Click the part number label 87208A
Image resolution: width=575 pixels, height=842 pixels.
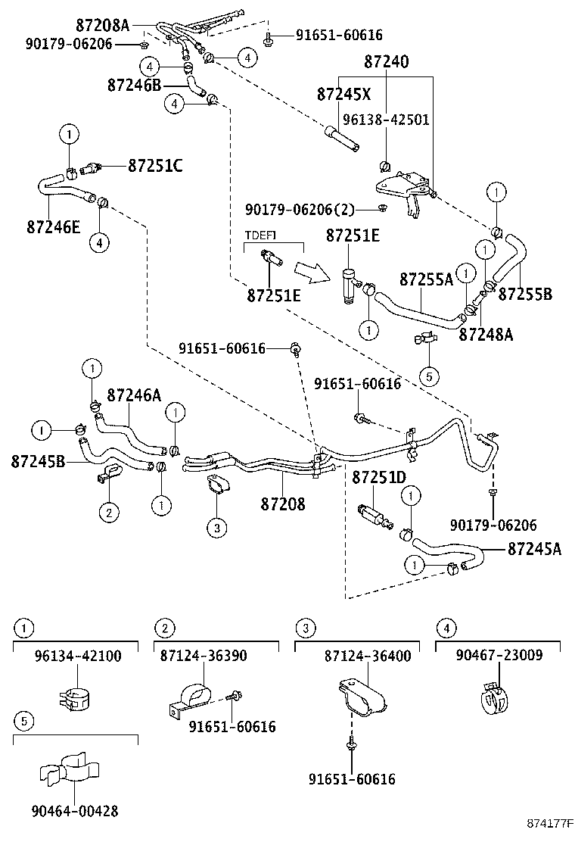click(102, 26)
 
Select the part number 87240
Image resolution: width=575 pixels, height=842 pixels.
click(386, 63)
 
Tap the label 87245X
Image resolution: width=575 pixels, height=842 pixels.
click(344, 94)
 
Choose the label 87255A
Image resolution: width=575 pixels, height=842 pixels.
click(426, 280)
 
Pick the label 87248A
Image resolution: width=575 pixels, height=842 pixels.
click(486, 334)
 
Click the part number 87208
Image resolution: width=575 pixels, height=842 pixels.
click(283, 503)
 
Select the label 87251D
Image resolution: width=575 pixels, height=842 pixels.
click(379, 478)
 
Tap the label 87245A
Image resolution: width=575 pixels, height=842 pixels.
click(534, 549)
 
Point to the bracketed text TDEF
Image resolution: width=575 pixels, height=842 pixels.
click(260, 235)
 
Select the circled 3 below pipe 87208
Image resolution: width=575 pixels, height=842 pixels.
click(216, 528)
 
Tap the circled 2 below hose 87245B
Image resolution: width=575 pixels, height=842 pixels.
click(109, 513)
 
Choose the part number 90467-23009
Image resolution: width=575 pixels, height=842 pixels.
click(499, 656)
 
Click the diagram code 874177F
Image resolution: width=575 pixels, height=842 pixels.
click(551, 822)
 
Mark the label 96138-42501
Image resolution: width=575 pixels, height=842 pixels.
click(386, 120)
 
